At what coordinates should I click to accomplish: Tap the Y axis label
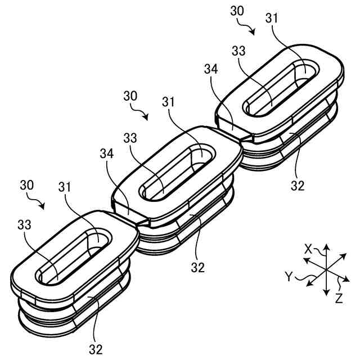(x=289, y=276)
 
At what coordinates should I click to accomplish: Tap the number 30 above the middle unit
(x=130, y=96)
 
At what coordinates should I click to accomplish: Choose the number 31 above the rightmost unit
(x=271, y=19)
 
